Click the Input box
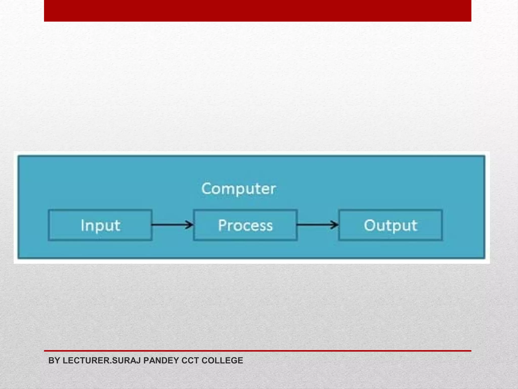(100, 225)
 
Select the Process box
(245, 225)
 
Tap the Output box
(391, 225)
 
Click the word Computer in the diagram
(239, 189)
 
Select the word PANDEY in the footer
(161, 360)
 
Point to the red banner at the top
(257, 11)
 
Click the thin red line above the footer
(257, 351)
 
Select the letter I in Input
(82, 225)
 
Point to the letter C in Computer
(207, 189)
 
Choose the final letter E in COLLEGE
(240, 360)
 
